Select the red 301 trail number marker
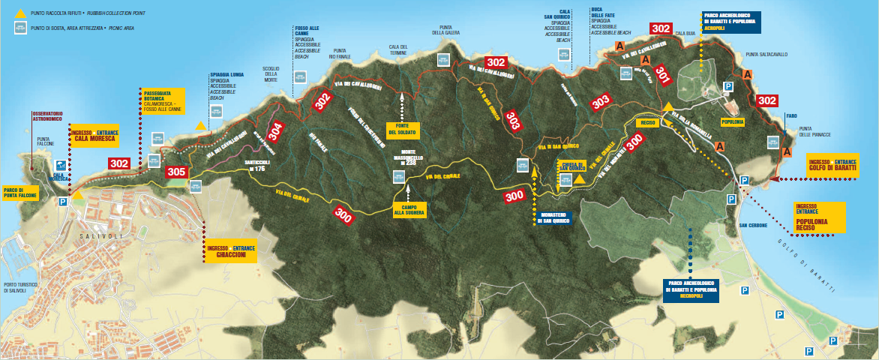662,73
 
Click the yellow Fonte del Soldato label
401,128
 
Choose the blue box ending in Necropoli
691,289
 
